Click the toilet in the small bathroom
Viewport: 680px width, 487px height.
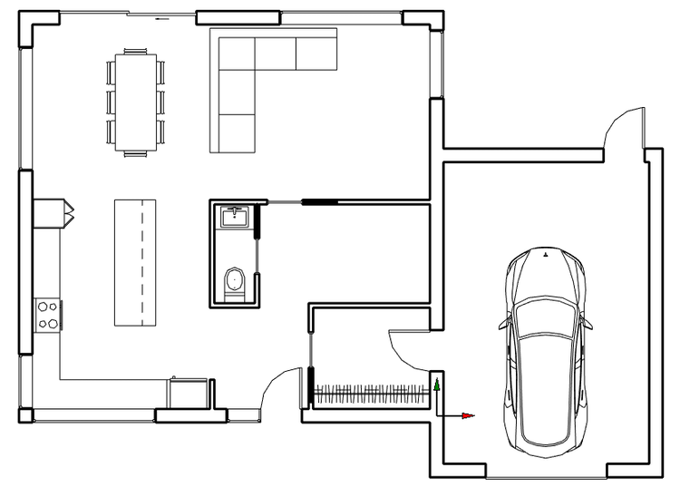[x=235, y=282]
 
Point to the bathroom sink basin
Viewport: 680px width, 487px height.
[x=236, y=216]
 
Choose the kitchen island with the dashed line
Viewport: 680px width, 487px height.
[x=132, y=262]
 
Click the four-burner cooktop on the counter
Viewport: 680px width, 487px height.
[x=47, y=314]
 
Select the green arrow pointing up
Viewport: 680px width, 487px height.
[x=437, y=385]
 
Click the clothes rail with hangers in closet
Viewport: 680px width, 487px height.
[x=370, y=394]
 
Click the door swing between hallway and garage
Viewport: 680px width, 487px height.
[x=406, y=349]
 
